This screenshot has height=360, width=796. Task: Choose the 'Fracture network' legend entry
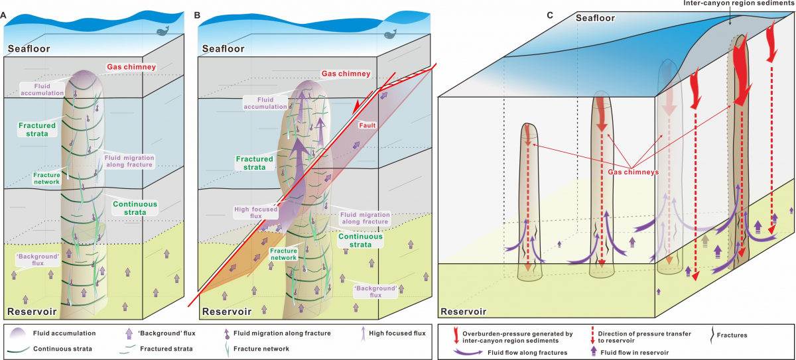click(267, 349)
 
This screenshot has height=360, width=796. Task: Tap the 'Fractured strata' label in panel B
click(254, 163)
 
